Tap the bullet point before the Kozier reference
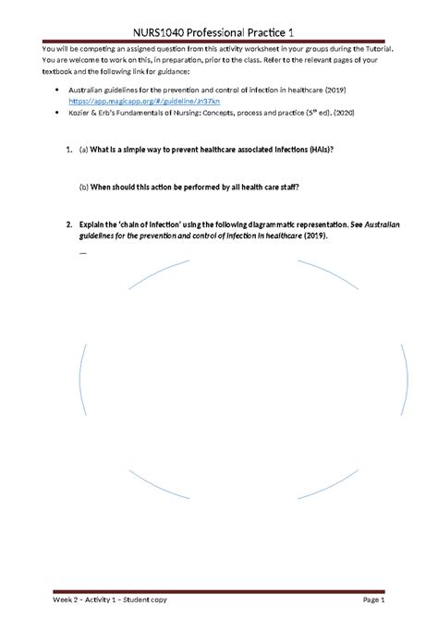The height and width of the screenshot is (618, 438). point(57,114)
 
